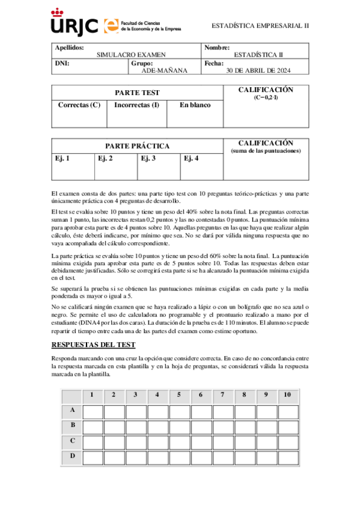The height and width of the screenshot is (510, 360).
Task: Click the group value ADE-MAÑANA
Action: (164, 70)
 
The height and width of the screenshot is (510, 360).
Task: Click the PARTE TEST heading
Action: (137, 93)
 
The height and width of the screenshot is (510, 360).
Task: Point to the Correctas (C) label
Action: (79, 105)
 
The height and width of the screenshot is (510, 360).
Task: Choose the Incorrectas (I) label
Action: (136, 105)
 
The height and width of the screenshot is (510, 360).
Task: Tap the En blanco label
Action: (195, 105)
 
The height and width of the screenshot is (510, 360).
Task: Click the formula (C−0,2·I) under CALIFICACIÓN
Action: (266, 97)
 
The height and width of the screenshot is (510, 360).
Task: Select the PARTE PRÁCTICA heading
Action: (137, 146)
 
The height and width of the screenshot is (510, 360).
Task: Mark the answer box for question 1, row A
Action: (93, 412)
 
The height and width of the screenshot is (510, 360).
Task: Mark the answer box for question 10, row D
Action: (288, 457)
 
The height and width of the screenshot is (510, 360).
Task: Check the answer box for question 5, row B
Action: (179, 427)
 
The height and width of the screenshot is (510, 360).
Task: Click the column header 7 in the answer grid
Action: (222, 395)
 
